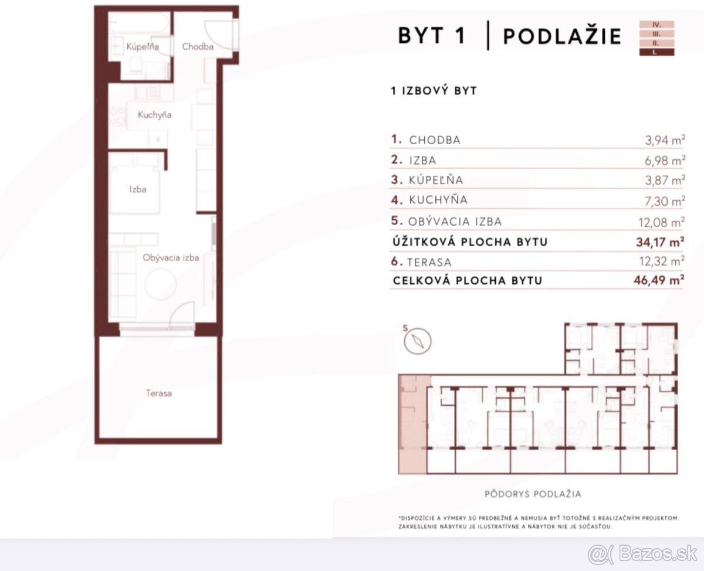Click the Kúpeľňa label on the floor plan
tap(143, 46)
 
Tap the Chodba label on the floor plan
tap(198, 46)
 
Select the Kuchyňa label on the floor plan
tap(155, 115)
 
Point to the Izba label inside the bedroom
tap(138, 189)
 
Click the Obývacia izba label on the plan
tap(171, 257)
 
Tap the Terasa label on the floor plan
tap(158, 393)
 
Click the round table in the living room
tap(160, 284)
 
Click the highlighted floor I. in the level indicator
tap(656, 52)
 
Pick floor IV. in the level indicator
tap(656, 25)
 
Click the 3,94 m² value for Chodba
tap(665, 140)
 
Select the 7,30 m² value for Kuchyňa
tap(665, 201)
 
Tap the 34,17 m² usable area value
tap(660, 242)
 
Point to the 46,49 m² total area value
tap(659, 280)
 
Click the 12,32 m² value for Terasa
tap(662, 261)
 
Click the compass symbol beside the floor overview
tap(418, 341)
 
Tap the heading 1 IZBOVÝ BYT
tap(434, 91)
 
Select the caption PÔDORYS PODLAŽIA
tap(533, 494)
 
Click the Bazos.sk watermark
tap(643, 554)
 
